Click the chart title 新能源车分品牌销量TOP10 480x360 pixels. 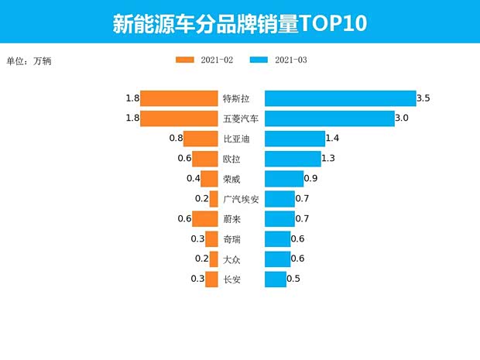(x=239, y=22)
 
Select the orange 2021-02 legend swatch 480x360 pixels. (x=187, y=60)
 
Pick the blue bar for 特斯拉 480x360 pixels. (x=340, y=98)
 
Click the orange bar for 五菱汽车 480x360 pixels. (x=179, y=118)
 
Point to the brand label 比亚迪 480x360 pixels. (x=236, y=139)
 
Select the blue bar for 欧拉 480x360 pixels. (x=292, y=159)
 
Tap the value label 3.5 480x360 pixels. (x=423, y=98)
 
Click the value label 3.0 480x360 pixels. (x=401, y=118)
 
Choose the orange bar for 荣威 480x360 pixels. (x=209, y=179)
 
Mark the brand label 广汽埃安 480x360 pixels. (x=241, y=199)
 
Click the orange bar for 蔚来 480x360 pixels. (x=205, y=219)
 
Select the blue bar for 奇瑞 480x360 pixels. (x=277, y=239)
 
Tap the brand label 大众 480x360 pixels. (x=231, y=259)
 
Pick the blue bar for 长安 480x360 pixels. (x=276, y=279)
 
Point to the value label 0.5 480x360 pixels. (x=293, y=279)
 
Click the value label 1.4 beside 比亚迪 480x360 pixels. (x=333, y=139)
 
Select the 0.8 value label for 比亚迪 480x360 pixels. (x=175, y=139)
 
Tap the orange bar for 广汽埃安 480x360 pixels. (x=214, y=199)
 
